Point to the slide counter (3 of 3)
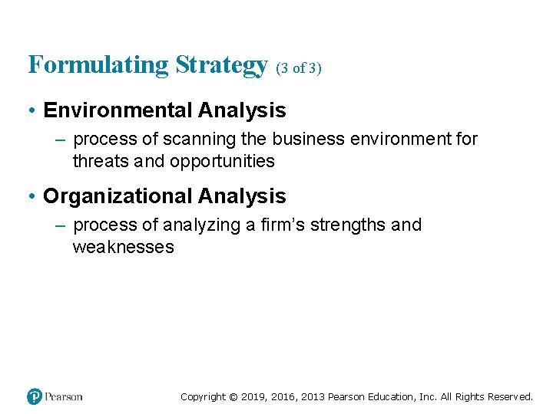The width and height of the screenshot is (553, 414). click(x=298, y=68)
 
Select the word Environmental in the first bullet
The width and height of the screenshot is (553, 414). click(x=118, y=110)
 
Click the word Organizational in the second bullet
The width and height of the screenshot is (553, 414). click(x=118, y=196)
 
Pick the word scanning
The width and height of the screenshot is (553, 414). click(x=199, y=140)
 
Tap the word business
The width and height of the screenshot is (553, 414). click(x=303, y=140)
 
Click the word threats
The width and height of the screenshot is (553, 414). click(x=98, y=161)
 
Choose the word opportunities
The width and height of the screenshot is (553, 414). click(x=222, y=161)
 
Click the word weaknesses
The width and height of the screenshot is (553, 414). click(x=123, y=247)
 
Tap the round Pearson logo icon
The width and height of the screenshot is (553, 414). click(x=34, y=396)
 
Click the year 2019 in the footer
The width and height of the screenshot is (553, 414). click(x=253, y=397)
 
